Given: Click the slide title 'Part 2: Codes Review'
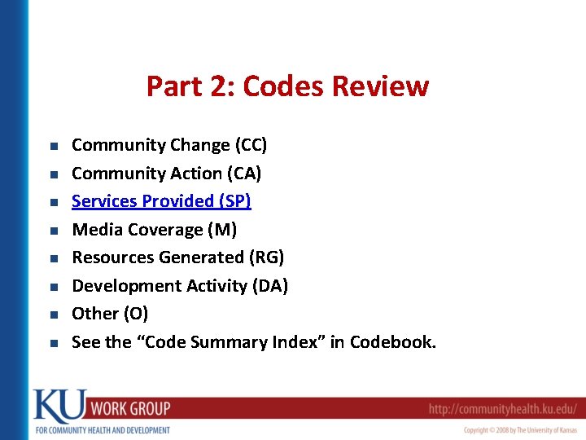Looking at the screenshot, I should tap(287, 86).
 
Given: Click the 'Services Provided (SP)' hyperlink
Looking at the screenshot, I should tap(161, 201).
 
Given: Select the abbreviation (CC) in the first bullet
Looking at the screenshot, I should tap(251, 145).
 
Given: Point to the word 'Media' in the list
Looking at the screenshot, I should tap(96, 230).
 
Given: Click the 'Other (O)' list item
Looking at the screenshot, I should tap(110, 314).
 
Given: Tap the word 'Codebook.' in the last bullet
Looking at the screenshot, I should tap(393, 342).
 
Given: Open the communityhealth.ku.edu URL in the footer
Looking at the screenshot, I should tap(503, 408).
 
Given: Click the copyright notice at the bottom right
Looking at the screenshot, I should tap(520, 429).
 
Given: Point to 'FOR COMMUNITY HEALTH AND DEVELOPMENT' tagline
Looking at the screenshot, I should tap(102, 429).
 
